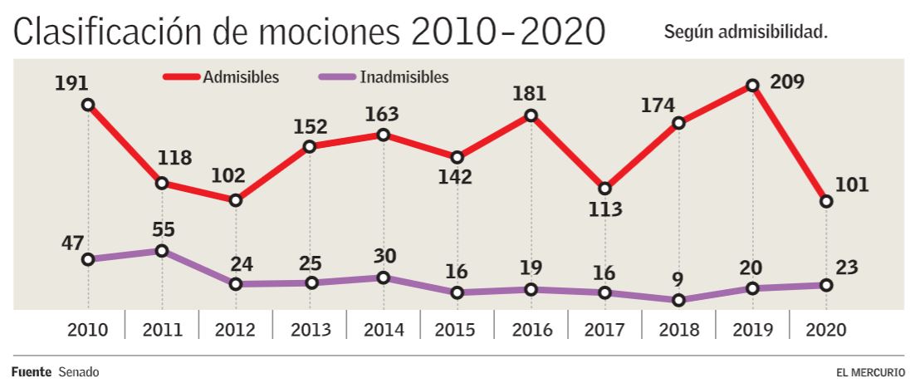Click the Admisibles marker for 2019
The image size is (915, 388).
tap(752, 86)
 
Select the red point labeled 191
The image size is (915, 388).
tap(88, 105)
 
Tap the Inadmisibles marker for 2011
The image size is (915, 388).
tap(162, 251)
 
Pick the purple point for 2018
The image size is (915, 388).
tap(679, 300)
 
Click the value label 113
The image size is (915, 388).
tap(604, 209)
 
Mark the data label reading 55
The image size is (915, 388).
tap(162, 229)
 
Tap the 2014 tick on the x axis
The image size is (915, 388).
tap(384, 329)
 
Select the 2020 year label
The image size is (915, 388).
tap(825, 329)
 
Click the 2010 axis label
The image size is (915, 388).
tap(88, 329)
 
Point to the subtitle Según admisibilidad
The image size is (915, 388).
tap(746, 32)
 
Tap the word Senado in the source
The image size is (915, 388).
tap(79, 372)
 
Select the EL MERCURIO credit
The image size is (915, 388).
tap(871, 372)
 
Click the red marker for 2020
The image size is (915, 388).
tap(825, 201)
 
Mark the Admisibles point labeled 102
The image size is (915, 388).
tap(236, 200)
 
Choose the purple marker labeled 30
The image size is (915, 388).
tap(383, 277)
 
